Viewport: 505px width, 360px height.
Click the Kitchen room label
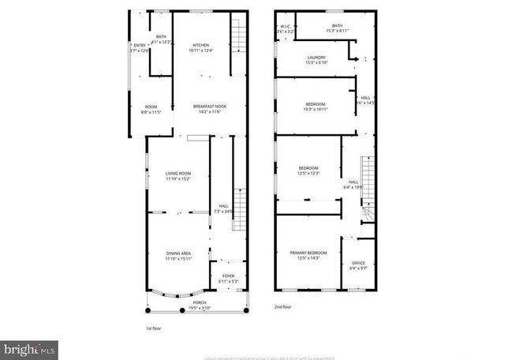coord(201,45)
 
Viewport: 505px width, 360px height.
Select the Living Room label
coord(178,173)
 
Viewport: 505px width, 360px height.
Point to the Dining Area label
coord(178,253)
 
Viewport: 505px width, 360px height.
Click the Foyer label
coord(228,277)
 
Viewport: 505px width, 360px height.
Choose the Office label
coord(358,264)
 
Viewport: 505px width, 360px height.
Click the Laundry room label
coord(316,57)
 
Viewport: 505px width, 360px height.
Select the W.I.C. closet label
coord(286,27)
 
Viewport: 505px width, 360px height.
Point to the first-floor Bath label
coord(161,36)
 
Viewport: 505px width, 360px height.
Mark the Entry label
coord(140,46)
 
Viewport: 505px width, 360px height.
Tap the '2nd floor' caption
coord(282,306)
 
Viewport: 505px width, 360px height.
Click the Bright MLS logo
coord(29,347)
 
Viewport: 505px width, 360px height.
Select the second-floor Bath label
coord(337,26)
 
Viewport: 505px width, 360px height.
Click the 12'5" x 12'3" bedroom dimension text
coord(309,173)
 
